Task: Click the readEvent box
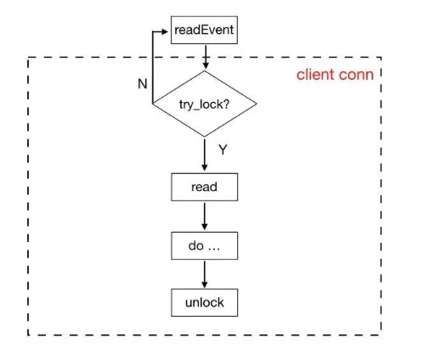click(204, 30)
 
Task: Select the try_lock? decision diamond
click(205, 104)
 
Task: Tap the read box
click(205, 187)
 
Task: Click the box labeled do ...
click(205, 245)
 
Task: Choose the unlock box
click(205, 302)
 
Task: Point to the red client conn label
click(335, 75)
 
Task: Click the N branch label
click(143, 84)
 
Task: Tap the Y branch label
click(223, 149)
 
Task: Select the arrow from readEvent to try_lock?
click(206, 57)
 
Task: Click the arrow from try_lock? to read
click(205, 155)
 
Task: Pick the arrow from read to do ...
click(205, 216)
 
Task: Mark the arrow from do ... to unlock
click(205, 274)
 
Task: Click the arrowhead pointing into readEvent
click(165, 31)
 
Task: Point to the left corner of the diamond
click(152, 104)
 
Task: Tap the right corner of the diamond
click(257, 104)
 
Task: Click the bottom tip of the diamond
click(205, 137)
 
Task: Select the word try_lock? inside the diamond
click(204, 104)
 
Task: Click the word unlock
click(205, 302)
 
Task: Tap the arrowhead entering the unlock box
click(205, 284)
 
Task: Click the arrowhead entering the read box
click(205, 167)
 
